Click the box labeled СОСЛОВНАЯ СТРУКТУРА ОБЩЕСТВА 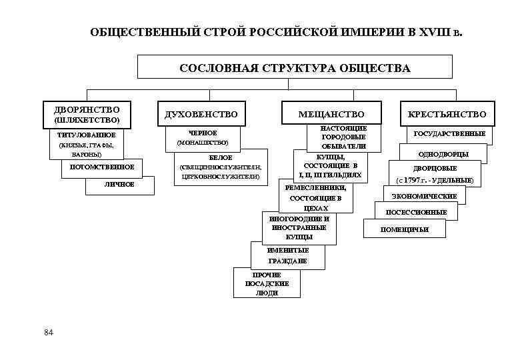coord(295,68)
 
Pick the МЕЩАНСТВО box coord(332,115)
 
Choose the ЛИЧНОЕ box coord(120,184)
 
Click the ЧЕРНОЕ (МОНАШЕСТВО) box coord(203,138)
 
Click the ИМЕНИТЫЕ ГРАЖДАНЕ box coord(287,255)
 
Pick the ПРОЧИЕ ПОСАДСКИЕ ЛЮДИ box coord(267,283)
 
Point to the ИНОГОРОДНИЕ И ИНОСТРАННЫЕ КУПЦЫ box coord(299,227)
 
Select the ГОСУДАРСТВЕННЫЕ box coord(449,134)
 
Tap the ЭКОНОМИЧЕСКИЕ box coord(424,196)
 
